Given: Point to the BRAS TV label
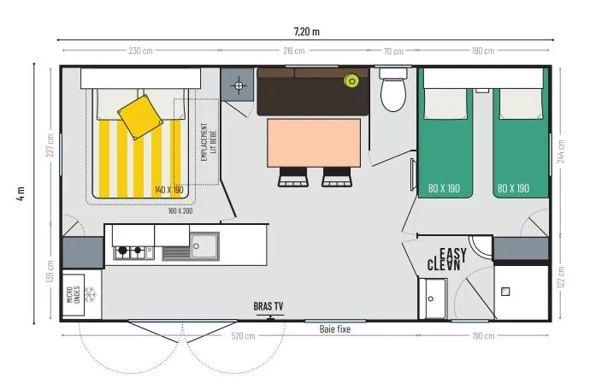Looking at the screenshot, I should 268,306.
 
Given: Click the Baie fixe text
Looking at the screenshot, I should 334,328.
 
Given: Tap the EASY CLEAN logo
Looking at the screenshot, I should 449,259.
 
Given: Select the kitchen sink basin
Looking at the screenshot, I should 204,245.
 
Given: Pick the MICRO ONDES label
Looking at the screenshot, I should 74,295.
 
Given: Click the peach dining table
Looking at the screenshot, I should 314,144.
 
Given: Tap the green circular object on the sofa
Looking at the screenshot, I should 351,81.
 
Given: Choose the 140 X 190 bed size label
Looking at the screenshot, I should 168,189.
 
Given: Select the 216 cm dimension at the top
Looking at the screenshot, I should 293,50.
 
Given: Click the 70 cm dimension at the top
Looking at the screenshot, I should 392,50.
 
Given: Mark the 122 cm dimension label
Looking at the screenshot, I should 559,279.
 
